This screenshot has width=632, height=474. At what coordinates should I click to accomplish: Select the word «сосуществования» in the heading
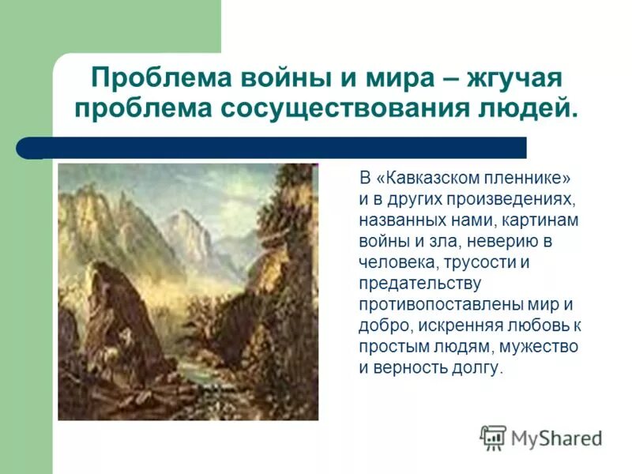point(332,108)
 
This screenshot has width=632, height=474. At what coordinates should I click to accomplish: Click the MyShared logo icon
point(493,438)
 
